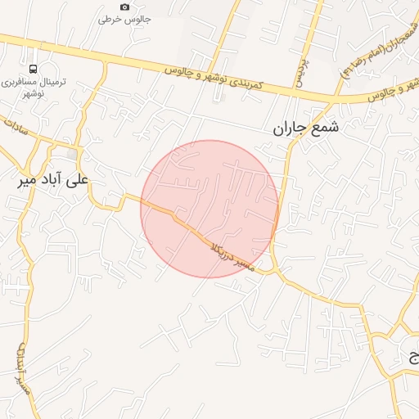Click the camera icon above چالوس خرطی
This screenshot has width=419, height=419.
pyautogui.click(x=124, y=7)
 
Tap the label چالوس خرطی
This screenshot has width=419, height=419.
pyautogui.click(x=115, y=18)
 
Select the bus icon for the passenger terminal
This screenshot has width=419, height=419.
pyautogui.click(x=33, y=69)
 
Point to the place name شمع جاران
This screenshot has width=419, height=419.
pyautogui.click(x=304, y=128)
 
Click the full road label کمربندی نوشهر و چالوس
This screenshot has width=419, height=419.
pyautogui.click(x=212, y=79)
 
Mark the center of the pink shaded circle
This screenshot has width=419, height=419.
pyautogui.click(x=209, y=209)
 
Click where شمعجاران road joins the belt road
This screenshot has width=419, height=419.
pyautogui.click(x=336, y=100)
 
